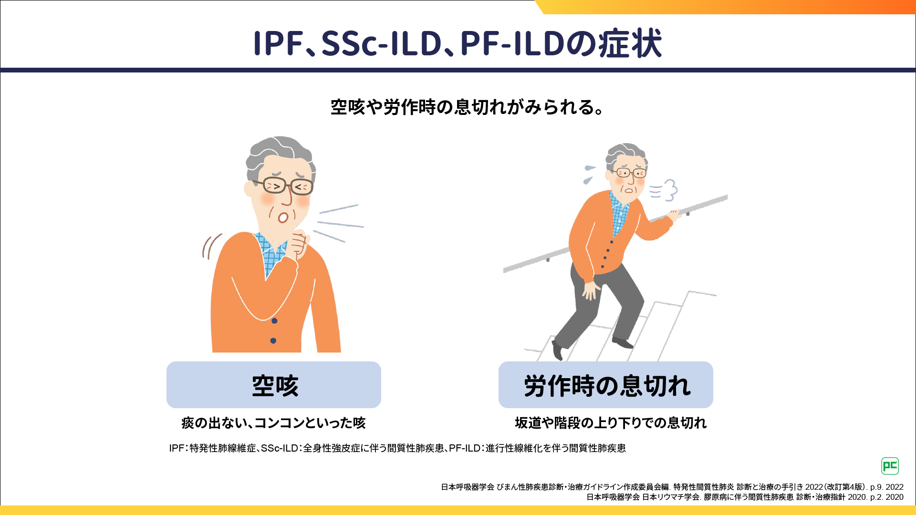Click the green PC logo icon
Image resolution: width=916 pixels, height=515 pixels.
[890, 466]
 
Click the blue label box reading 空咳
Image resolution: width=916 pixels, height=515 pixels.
[274, 385]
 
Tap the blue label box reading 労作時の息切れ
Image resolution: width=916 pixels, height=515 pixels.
[606, 385]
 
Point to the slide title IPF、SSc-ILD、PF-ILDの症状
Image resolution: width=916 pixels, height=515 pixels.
[458, 43]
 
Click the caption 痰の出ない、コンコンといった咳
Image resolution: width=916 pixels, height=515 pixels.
[273, 423]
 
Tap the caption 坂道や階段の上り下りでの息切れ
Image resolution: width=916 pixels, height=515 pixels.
[611, 423]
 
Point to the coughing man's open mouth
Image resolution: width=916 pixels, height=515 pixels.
[283, 217]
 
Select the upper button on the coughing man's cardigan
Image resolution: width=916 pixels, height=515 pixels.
[274, 321]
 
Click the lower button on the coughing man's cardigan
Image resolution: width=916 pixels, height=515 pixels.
[273, 340]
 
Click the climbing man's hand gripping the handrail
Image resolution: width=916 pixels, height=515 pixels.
[674, 216]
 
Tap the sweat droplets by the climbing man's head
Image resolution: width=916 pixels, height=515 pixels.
[589, 174]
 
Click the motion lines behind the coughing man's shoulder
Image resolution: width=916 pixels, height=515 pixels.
[211, 246]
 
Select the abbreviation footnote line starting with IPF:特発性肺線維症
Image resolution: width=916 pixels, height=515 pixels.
[397, 448]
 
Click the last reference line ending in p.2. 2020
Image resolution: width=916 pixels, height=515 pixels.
[745, 497]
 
